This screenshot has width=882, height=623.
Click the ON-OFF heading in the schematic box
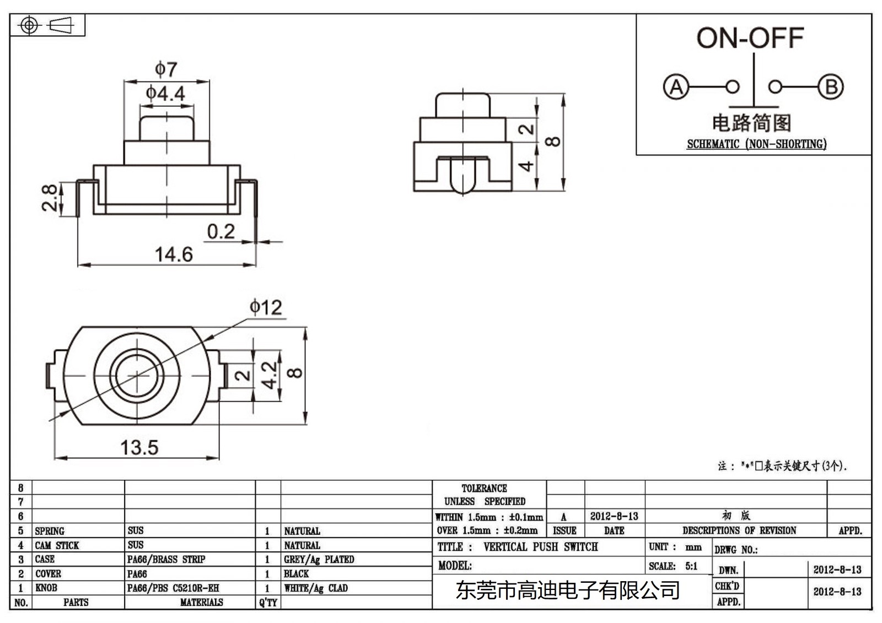[750, 39]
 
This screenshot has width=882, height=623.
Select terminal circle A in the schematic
[676, 87]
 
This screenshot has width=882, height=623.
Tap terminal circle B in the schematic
[831, 87]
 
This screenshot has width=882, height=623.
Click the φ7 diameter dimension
[165, 69]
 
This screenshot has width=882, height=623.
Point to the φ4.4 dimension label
[165, 93]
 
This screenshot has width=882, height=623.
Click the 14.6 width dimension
[174, 254]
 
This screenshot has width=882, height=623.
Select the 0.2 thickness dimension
[220, 231]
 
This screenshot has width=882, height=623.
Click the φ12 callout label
[266, 307]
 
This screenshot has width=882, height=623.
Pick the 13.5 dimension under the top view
[139, 447]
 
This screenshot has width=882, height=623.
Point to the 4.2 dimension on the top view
[269, 375]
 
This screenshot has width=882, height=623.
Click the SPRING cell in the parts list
[50, 531]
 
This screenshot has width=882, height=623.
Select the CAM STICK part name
[57, 545]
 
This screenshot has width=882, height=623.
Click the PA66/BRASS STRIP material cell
[166, 559]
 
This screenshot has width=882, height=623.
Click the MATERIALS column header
[201, 603]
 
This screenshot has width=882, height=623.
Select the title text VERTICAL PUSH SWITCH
[540, 547]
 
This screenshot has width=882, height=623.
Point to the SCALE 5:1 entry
[673, 566]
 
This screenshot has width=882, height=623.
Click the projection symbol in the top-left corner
[46, 25]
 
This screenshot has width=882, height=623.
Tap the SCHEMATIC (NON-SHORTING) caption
[756, 144]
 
